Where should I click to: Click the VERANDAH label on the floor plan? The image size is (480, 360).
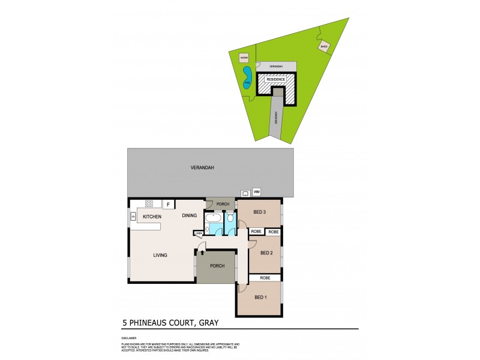coord(204,168)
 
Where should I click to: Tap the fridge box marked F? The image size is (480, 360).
coord(169,204)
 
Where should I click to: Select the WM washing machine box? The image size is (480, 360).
coord(257,192)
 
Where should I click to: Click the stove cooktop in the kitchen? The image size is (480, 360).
coord(149,203)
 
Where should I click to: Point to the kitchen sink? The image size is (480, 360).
coord(133,216)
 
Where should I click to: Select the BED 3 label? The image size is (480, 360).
coord(259,212)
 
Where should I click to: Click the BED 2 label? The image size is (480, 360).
coord(267,253)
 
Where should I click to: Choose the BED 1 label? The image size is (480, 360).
coord(260,298)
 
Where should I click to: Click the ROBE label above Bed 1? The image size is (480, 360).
coord(265,278)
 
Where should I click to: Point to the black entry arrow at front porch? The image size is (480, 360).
coord(202,253)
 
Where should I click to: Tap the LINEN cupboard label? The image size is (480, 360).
coord(198,233)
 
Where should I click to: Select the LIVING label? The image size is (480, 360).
coord(160,255)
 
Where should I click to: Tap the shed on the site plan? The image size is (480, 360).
coord(324,47)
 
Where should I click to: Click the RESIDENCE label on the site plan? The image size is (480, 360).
coord(275,79)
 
